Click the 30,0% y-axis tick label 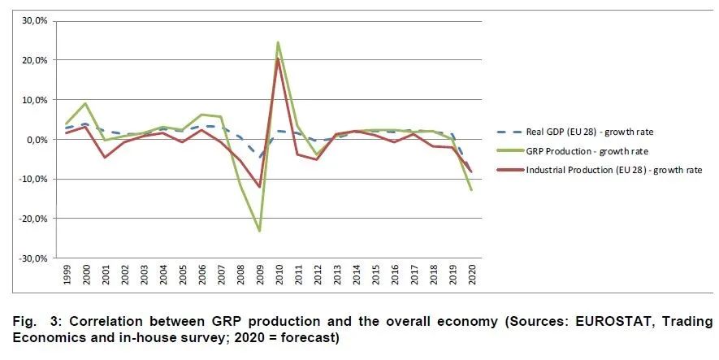coord(36,21)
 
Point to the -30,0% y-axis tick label coord(34,258)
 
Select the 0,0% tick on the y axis coord(38,140)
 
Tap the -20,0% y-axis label coord(34,219)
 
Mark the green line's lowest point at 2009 coord(260,231)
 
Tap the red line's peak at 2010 coord(279,59)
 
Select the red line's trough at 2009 coord(260,187)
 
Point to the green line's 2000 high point coord(86,103)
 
